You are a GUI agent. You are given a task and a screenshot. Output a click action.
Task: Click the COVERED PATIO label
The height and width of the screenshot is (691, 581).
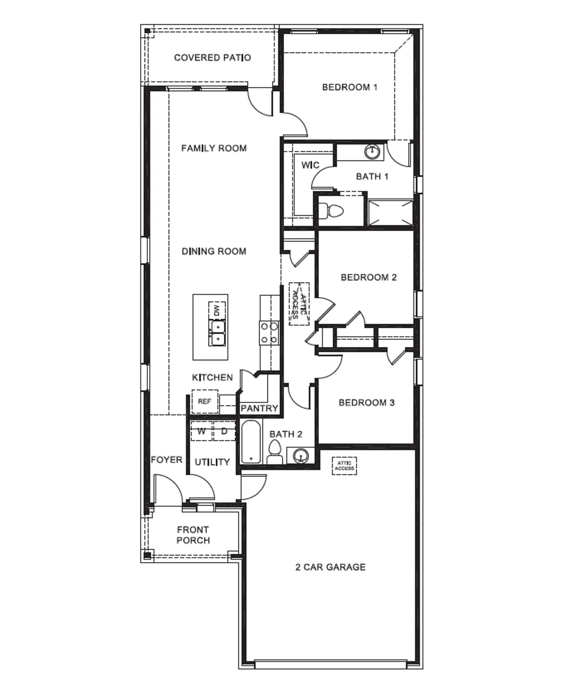click(212, 58)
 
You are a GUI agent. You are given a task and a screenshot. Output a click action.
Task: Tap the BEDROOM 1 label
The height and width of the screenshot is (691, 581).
click(350, 87)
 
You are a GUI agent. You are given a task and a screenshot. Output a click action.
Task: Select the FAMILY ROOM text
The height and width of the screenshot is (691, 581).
click(214, 148)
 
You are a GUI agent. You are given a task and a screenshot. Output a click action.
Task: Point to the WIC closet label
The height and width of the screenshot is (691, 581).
click(310, 165)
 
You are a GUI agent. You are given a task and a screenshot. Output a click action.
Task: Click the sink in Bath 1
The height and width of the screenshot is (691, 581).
click(372, 151)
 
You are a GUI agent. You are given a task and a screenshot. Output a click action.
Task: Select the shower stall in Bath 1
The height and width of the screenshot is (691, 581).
click(390, 213)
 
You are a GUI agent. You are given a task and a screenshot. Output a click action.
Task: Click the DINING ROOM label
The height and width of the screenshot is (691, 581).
click(214, 251)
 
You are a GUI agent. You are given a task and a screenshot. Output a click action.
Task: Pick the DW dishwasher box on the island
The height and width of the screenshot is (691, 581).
click(217, 310)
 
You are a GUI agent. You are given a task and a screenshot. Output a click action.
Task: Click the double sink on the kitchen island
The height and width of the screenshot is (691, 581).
click(217, 333)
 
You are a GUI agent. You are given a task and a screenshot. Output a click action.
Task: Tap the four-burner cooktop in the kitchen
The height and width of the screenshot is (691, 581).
click(269, 333)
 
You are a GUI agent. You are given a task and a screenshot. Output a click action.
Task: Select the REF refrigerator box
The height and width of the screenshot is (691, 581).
click(205, 401)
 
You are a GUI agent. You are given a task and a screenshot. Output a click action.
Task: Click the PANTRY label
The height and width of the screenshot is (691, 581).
click(259, 408)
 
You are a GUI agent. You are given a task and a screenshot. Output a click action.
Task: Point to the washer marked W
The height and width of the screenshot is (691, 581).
click(202, 431)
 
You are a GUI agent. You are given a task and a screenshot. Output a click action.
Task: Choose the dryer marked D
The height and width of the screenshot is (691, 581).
click(224, 431)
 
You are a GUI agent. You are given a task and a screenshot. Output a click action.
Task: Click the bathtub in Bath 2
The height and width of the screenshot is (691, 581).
click(251, 441)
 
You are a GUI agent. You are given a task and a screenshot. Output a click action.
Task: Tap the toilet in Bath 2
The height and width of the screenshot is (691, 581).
click(275, 452)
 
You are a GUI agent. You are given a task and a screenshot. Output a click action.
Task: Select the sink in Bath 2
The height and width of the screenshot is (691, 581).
click(301, 455)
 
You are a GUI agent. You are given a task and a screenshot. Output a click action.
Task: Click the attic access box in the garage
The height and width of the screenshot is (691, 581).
click(344, 466)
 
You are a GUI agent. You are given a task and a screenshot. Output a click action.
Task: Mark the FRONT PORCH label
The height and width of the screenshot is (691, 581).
click(193, 535)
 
